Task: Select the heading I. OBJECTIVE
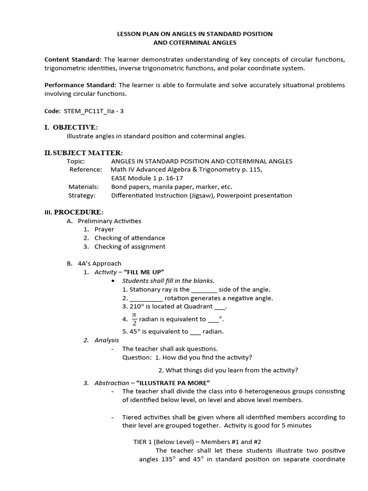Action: [x=71, y=127]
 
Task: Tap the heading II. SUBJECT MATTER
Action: [x=83, y=152]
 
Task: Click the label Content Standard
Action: [x=73, y=59]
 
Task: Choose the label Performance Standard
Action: [x=80, y=85]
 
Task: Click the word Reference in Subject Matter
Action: [x=85, y=170]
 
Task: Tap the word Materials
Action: [x=83, y=187]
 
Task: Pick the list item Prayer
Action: [x=104, y=229]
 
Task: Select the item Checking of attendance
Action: [x=129, y=238]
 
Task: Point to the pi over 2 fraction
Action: [x=134, y=318]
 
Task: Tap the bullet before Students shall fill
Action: [x=112, y=281]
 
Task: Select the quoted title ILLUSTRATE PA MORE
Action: [x=173, y=383]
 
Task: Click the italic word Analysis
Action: [x=106, y=340]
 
